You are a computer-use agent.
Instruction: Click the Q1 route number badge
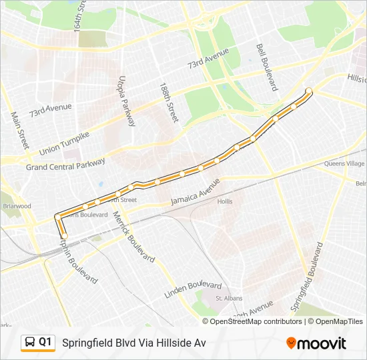[45, 342]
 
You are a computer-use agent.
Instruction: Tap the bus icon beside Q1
[30, 343]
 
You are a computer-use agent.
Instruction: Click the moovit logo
[316, 343]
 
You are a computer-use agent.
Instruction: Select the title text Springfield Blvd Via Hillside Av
[133, 343]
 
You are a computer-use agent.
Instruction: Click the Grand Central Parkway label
[65, 164]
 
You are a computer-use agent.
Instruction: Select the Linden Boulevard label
[193, 290]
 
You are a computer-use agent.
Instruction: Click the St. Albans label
[231, 298]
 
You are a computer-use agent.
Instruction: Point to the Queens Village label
[344, 163]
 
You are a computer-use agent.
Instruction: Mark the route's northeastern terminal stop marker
[309, 91]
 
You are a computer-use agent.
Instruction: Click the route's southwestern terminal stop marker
[65, 235]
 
